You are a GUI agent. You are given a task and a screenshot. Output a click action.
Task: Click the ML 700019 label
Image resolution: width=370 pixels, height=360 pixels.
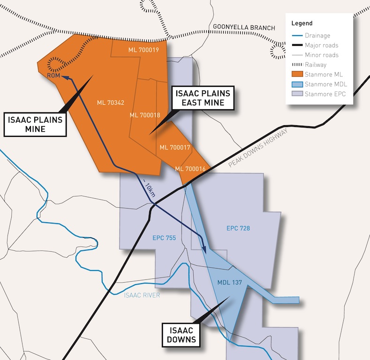pos(143,50)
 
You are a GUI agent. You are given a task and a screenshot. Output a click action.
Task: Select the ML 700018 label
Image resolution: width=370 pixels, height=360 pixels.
pos(145,115)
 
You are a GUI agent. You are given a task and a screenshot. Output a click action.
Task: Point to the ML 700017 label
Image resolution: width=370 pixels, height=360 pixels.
pos(175,147)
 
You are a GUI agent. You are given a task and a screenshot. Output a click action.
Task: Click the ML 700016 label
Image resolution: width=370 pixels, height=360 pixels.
pos(190,169)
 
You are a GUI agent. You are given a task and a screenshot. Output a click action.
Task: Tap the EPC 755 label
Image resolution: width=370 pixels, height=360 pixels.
pos(164,238)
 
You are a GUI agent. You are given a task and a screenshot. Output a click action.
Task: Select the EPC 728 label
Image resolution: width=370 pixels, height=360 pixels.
pos(238,229)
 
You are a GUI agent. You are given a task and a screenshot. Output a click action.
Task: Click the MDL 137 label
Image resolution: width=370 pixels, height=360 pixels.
pos(229,283)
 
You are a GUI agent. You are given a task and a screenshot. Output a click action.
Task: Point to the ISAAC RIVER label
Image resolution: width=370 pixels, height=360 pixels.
pos(142,295)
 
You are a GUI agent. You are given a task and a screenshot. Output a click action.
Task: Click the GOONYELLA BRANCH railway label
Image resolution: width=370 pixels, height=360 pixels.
pos(244,28)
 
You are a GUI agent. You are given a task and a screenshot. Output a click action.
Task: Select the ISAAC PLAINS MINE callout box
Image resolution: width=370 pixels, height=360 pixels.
pos(35,124)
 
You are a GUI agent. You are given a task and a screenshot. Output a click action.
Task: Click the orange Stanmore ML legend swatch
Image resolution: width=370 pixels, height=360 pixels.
pos(297,75)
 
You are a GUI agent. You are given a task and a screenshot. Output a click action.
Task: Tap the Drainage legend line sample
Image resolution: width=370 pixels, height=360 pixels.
pos(297,36)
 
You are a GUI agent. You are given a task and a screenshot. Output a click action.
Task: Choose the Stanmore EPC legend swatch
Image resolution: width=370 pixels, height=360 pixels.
pos(297,94)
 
